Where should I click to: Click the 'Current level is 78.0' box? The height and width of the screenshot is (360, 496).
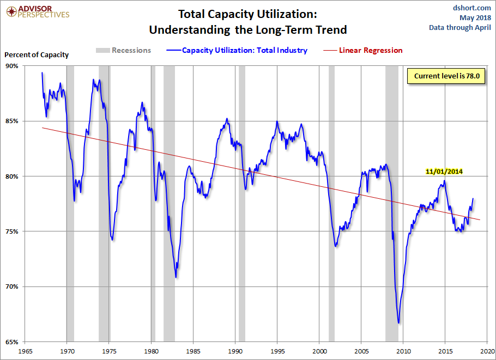(x=446, y=76)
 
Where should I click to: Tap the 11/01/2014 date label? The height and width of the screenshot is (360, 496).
(x=444, y=171)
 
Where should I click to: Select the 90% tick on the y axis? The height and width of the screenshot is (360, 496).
(x=12, y=66)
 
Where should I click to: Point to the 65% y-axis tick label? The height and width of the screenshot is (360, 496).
(x=12, y=342)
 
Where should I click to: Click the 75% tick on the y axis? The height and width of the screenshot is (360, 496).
(x=12, y=231)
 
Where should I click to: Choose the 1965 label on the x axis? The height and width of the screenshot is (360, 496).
(x=25, y=351)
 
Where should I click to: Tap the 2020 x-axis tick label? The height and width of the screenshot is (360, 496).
(x=487, y=351)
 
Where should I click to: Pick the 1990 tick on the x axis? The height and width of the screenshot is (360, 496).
(x=235, y=351)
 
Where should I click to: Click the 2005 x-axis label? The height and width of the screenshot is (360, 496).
(x=361, y=351)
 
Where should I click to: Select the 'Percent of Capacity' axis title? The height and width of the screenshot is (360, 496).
(x=37, y=54)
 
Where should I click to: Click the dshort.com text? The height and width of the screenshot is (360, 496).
(x=472, y=8)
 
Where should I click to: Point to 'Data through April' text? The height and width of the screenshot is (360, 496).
(x=459, y=27)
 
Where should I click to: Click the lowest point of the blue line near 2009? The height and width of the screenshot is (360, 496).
(x=399, y=323)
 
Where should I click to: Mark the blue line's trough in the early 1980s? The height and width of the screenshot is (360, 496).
(x=176, y=277)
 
